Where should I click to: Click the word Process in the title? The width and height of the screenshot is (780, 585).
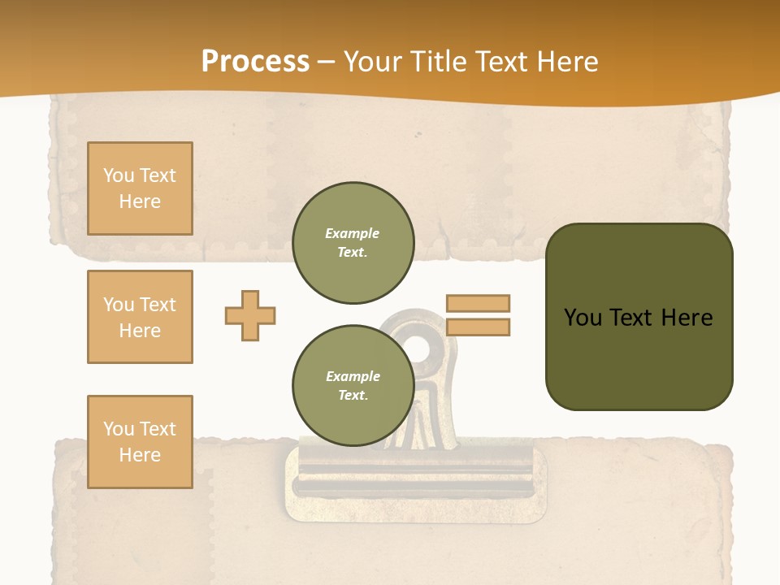(x=255, y=61)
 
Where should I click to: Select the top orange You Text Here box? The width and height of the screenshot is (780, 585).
(x=140, y=188)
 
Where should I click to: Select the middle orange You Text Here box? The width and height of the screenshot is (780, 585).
(x=140, y=317)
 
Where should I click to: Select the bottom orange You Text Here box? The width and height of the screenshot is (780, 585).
(x=140, y=442)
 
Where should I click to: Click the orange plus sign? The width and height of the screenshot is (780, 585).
(x=250, y=315)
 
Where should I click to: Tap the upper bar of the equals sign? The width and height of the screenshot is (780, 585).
(x=478, y=303)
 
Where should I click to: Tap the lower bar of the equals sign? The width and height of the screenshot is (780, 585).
(x=478, y=327)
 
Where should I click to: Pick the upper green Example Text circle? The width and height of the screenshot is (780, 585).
(x=353, y=243)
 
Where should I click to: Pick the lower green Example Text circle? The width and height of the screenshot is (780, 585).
(x=353, y=385)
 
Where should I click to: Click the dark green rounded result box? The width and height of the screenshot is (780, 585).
(x=639, y=357)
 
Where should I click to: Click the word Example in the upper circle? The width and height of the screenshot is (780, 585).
(x=353, y=233)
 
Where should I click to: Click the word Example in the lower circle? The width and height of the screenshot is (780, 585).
(x=353, y=376)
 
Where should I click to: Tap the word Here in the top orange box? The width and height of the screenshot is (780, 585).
(x=140, y=201)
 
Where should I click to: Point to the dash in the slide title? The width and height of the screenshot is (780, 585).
(x=327, y=62)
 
